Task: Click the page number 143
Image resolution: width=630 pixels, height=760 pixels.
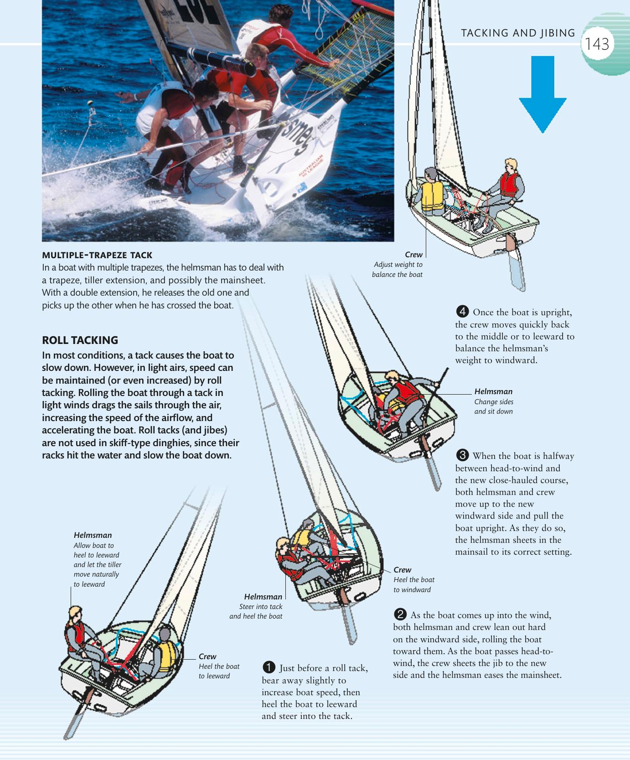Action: point(597,44)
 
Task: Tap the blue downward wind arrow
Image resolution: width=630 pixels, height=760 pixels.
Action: point(542,94)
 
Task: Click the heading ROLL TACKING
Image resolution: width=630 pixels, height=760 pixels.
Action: point(80,340)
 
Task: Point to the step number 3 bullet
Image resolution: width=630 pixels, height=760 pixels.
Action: point(463,455)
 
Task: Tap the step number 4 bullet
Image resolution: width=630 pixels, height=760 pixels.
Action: point(463,312)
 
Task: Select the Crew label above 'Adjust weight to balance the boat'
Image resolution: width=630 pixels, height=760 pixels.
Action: point(413,255)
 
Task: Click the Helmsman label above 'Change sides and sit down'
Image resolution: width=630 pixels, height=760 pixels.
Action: point(493,391)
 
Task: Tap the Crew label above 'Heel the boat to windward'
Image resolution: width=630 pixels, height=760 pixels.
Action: point(402,570)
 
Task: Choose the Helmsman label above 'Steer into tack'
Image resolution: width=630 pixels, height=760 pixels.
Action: point(263,597)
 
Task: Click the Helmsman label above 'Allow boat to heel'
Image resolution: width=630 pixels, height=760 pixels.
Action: point(93,535)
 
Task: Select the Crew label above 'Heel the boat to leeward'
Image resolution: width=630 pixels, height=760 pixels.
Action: point(207,656)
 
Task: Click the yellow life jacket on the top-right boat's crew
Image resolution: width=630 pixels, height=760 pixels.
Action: point(432,196)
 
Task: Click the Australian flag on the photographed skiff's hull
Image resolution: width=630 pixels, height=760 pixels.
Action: point(301,186)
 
